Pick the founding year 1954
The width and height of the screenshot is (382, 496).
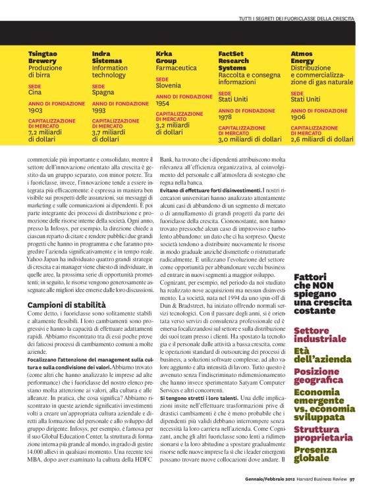(163, 103)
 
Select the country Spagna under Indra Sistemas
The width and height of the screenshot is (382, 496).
(103, 93)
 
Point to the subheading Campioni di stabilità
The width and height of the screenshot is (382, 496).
(66, 305)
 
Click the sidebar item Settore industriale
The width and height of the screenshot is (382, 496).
(320, 334)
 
